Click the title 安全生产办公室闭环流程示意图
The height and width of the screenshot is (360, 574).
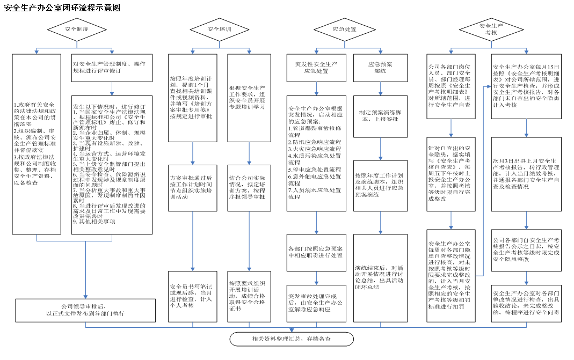[x=62, y=8]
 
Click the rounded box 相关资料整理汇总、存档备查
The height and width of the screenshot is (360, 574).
[x=292, y=339]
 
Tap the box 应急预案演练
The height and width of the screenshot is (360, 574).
[x=380, y=68]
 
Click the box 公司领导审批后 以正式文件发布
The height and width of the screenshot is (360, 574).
[x=77, y=310]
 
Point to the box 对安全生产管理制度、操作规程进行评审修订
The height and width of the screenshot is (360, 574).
[x=112, y=68]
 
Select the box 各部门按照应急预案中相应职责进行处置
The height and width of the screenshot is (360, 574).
[x=315, y=252]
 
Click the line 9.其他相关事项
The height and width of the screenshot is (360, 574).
[x=95, y=221]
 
